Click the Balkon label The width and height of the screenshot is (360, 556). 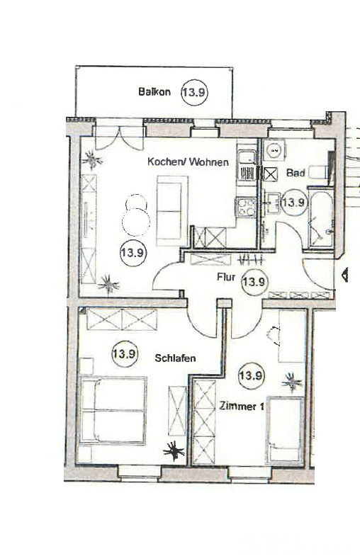pos(154,92)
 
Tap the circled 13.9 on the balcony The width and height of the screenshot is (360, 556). pos(194,92)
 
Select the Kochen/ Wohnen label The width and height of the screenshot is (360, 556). pos(188,162)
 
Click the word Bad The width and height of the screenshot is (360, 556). pos(296,173)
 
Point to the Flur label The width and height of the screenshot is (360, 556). pos(226,276)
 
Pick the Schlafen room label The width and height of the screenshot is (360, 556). pos(175,358)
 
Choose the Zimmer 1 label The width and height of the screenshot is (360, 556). pos(242,406)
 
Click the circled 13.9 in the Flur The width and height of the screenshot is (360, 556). pos(254,283)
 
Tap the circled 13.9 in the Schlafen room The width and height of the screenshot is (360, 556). pos(125,354)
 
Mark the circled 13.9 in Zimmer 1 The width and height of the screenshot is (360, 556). pos(251,375)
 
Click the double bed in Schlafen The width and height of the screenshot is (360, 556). pos(113,410)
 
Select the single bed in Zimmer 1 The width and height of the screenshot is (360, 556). pos(286,430)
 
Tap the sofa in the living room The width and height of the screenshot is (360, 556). pos(172,210)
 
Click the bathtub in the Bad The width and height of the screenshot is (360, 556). pos(321,218)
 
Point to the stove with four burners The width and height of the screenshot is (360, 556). pos(246,208)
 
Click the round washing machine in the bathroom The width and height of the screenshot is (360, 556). pos(274,151)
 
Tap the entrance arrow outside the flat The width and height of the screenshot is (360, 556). pos(344,274)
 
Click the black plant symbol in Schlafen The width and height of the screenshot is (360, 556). pos(174,451)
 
